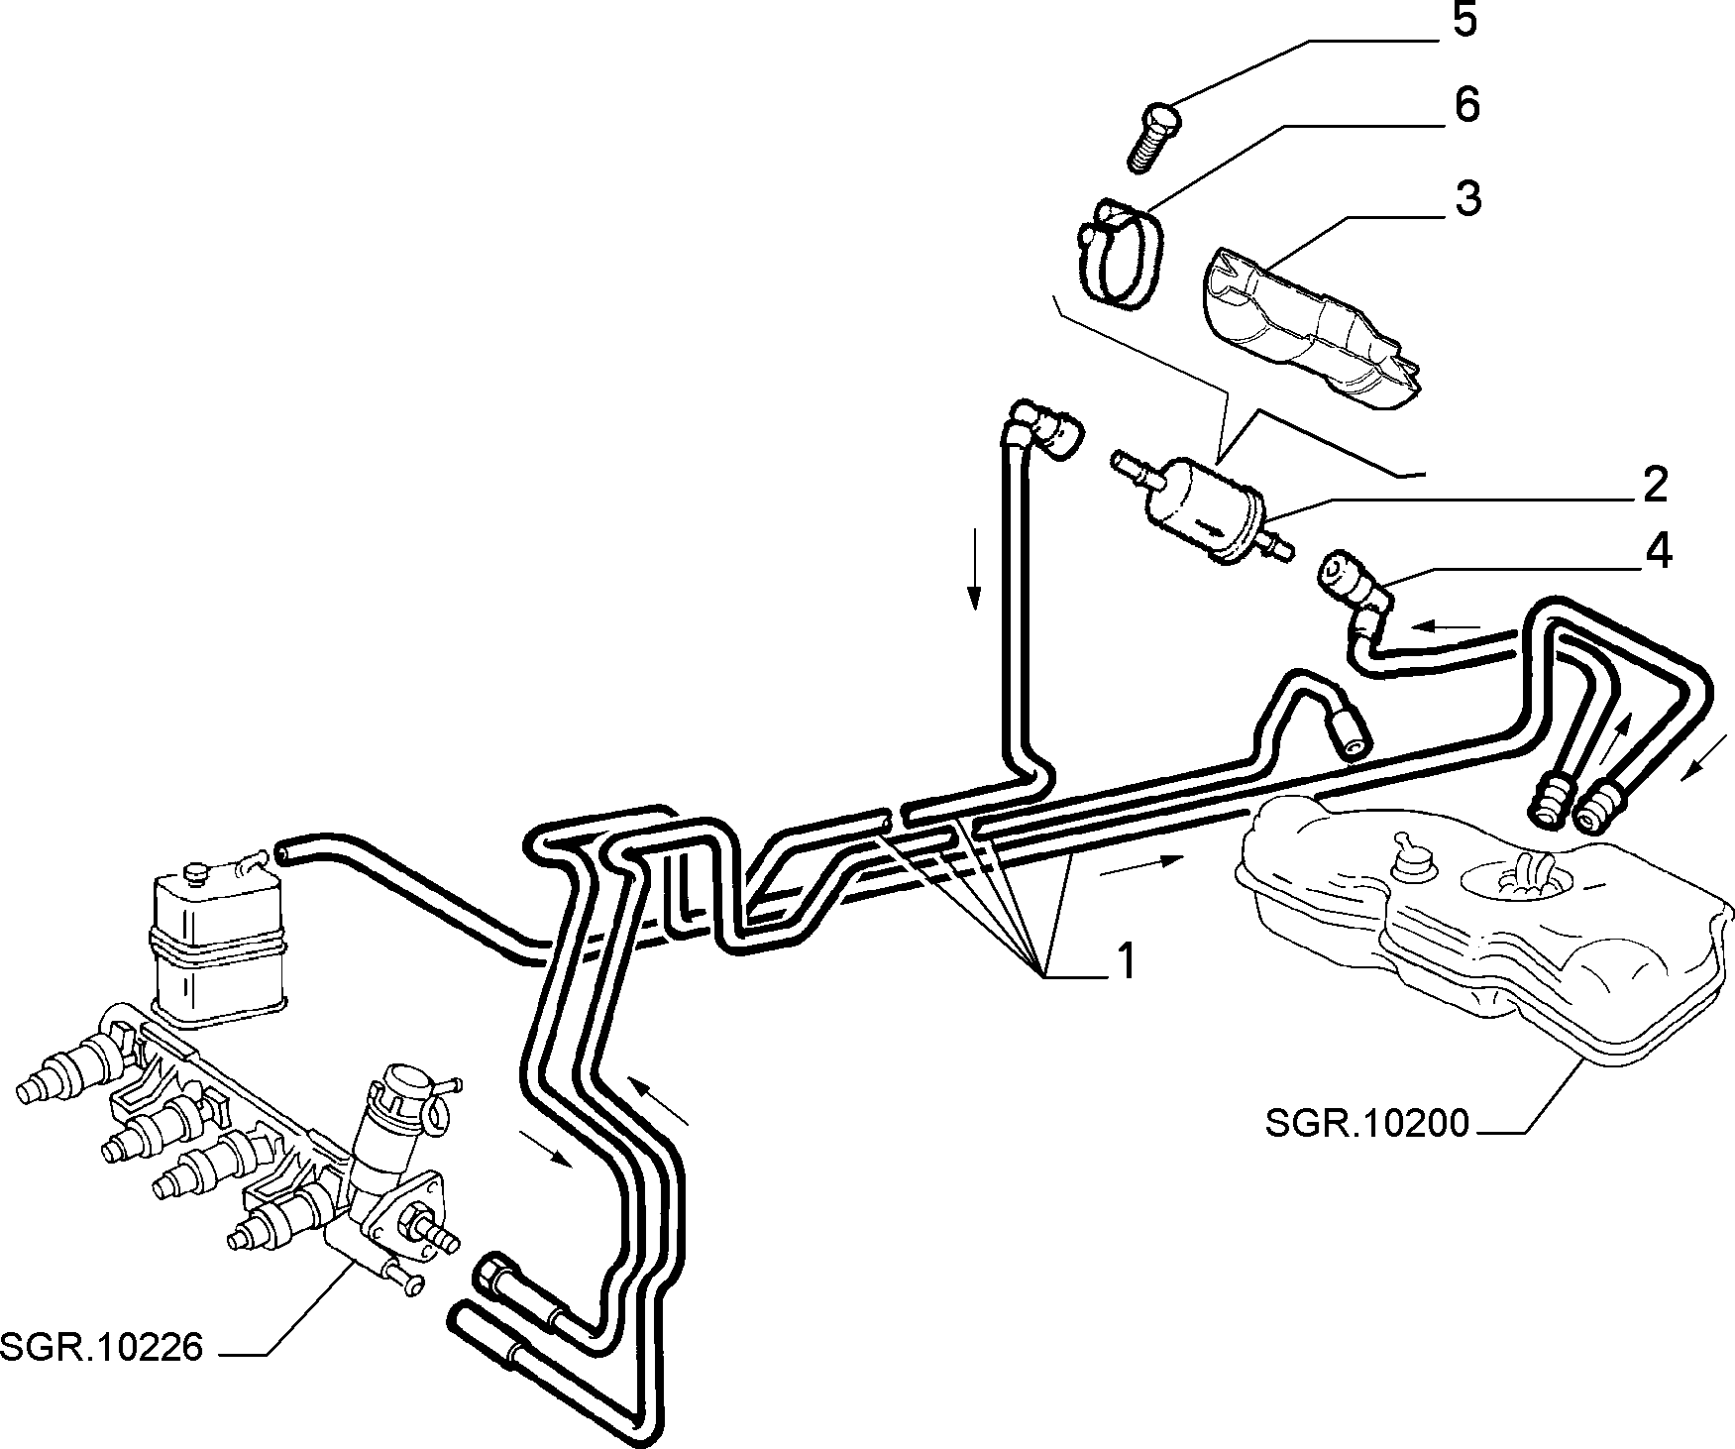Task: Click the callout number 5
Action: click(x=1464, y=21)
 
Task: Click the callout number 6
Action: click(x=1465, y=105)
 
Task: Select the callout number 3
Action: click(x=1466, y=199)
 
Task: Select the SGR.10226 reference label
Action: click(x=102, y=1347)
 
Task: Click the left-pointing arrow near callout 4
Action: click(x=1448, y=625)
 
